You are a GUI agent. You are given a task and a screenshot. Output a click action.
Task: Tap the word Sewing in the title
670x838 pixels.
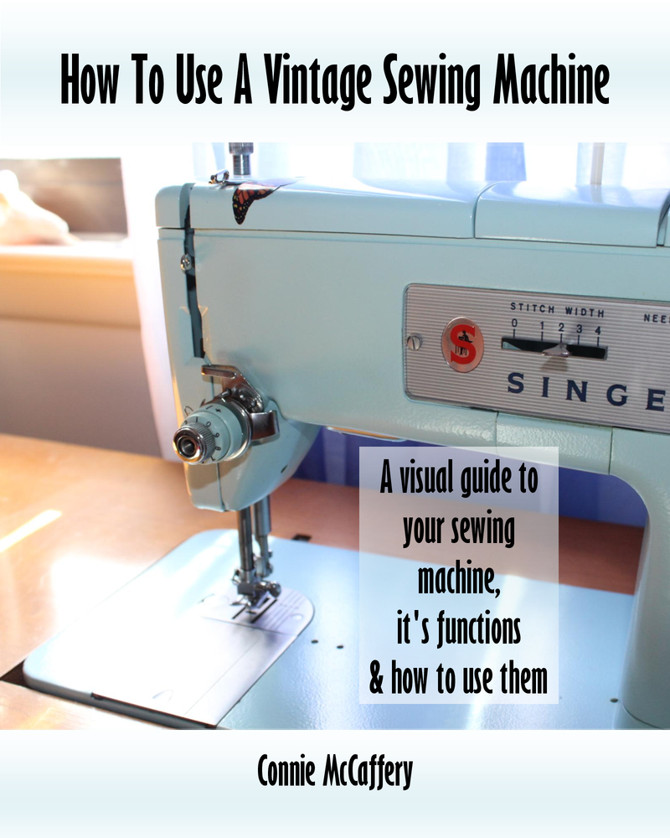tap(437, 84)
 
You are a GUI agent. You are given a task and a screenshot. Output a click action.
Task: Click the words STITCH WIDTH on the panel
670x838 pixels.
tap(556, 309)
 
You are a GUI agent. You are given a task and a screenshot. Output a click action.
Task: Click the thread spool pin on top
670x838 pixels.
tap(240, 158)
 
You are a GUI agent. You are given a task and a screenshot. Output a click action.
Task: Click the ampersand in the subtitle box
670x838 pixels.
tap(376, 680)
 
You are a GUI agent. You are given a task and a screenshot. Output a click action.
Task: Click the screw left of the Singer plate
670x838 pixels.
tap(411, 342)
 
